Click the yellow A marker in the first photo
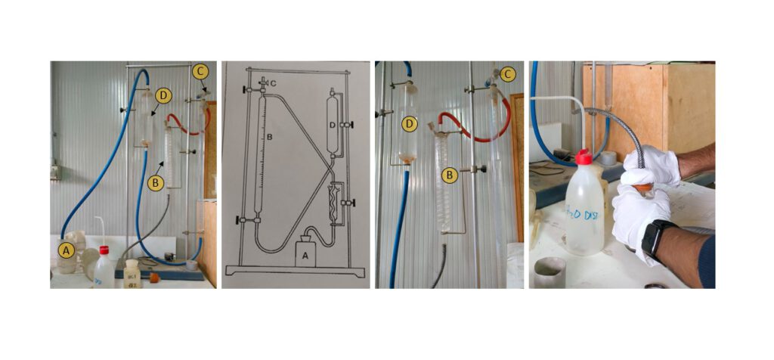click(x=66, y=248)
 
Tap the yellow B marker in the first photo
click(x=156, y=183)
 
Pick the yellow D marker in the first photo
click(x=164, y=95)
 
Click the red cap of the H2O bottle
click(x=582, y=158)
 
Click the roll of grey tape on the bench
click(x=550, y=271)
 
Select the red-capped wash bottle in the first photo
click(x=104, y=267)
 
